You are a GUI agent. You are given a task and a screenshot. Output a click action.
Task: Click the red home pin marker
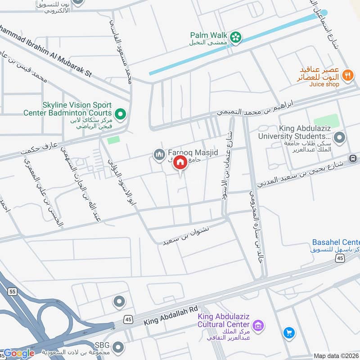coord(180,163)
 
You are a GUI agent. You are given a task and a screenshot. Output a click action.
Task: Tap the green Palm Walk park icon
coord(235,38)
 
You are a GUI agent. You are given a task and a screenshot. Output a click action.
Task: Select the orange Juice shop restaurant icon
coord(347,75)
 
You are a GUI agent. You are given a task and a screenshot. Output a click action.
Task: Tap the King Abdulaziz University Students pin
coord(340,137)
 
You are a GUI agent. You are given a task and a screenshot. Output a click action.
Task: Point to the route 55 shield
coord(13,292)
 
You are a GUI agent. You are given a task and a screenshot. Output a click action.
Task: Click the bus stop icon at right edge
coord(353,158)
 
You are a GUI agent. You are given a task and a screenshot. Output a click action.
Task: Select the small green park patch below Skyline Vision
coord(114,140)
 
